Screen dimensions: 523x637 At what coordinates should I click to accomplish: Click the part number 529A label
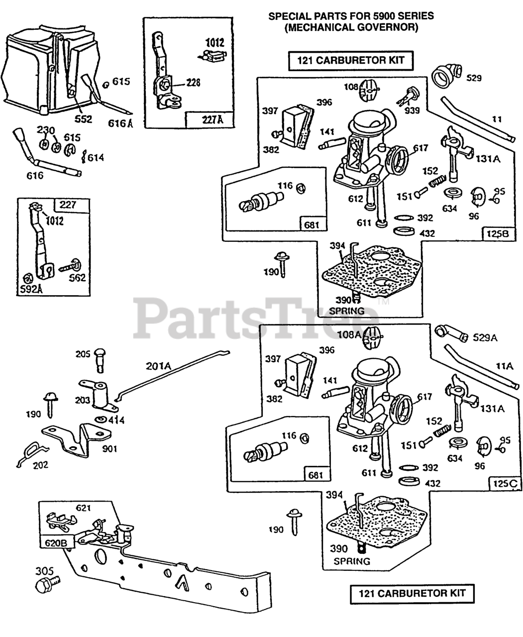(485, 338)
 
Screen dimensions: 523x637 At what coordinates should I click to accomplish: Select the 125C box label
(505, 484)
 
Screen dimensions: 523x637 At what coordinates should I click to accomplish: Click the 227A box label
(212, 120)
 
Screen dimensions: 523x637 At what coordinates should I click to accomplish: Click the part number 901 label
(109, 449)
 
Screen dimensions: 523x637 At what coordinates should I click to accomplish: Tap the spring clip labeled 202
(32, 454)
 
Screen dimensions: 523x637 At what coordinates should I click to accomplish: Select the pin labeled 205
(100, 360)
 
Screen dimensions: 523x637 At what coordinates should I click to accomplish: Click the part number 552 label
(83, 119)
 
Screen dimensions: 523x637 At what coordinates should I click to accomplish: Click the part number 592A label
(31, 289)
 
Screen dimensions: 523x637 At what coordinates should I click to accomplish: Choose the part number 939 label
(412, 110)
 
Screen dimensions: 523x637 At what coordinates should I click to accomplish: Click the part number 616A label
(120, 123)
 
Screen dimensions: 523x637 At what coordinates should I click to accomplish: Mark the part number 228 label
(193, 82)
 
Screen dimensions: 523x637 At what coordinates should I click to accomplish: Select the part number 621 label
(83, 508)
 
